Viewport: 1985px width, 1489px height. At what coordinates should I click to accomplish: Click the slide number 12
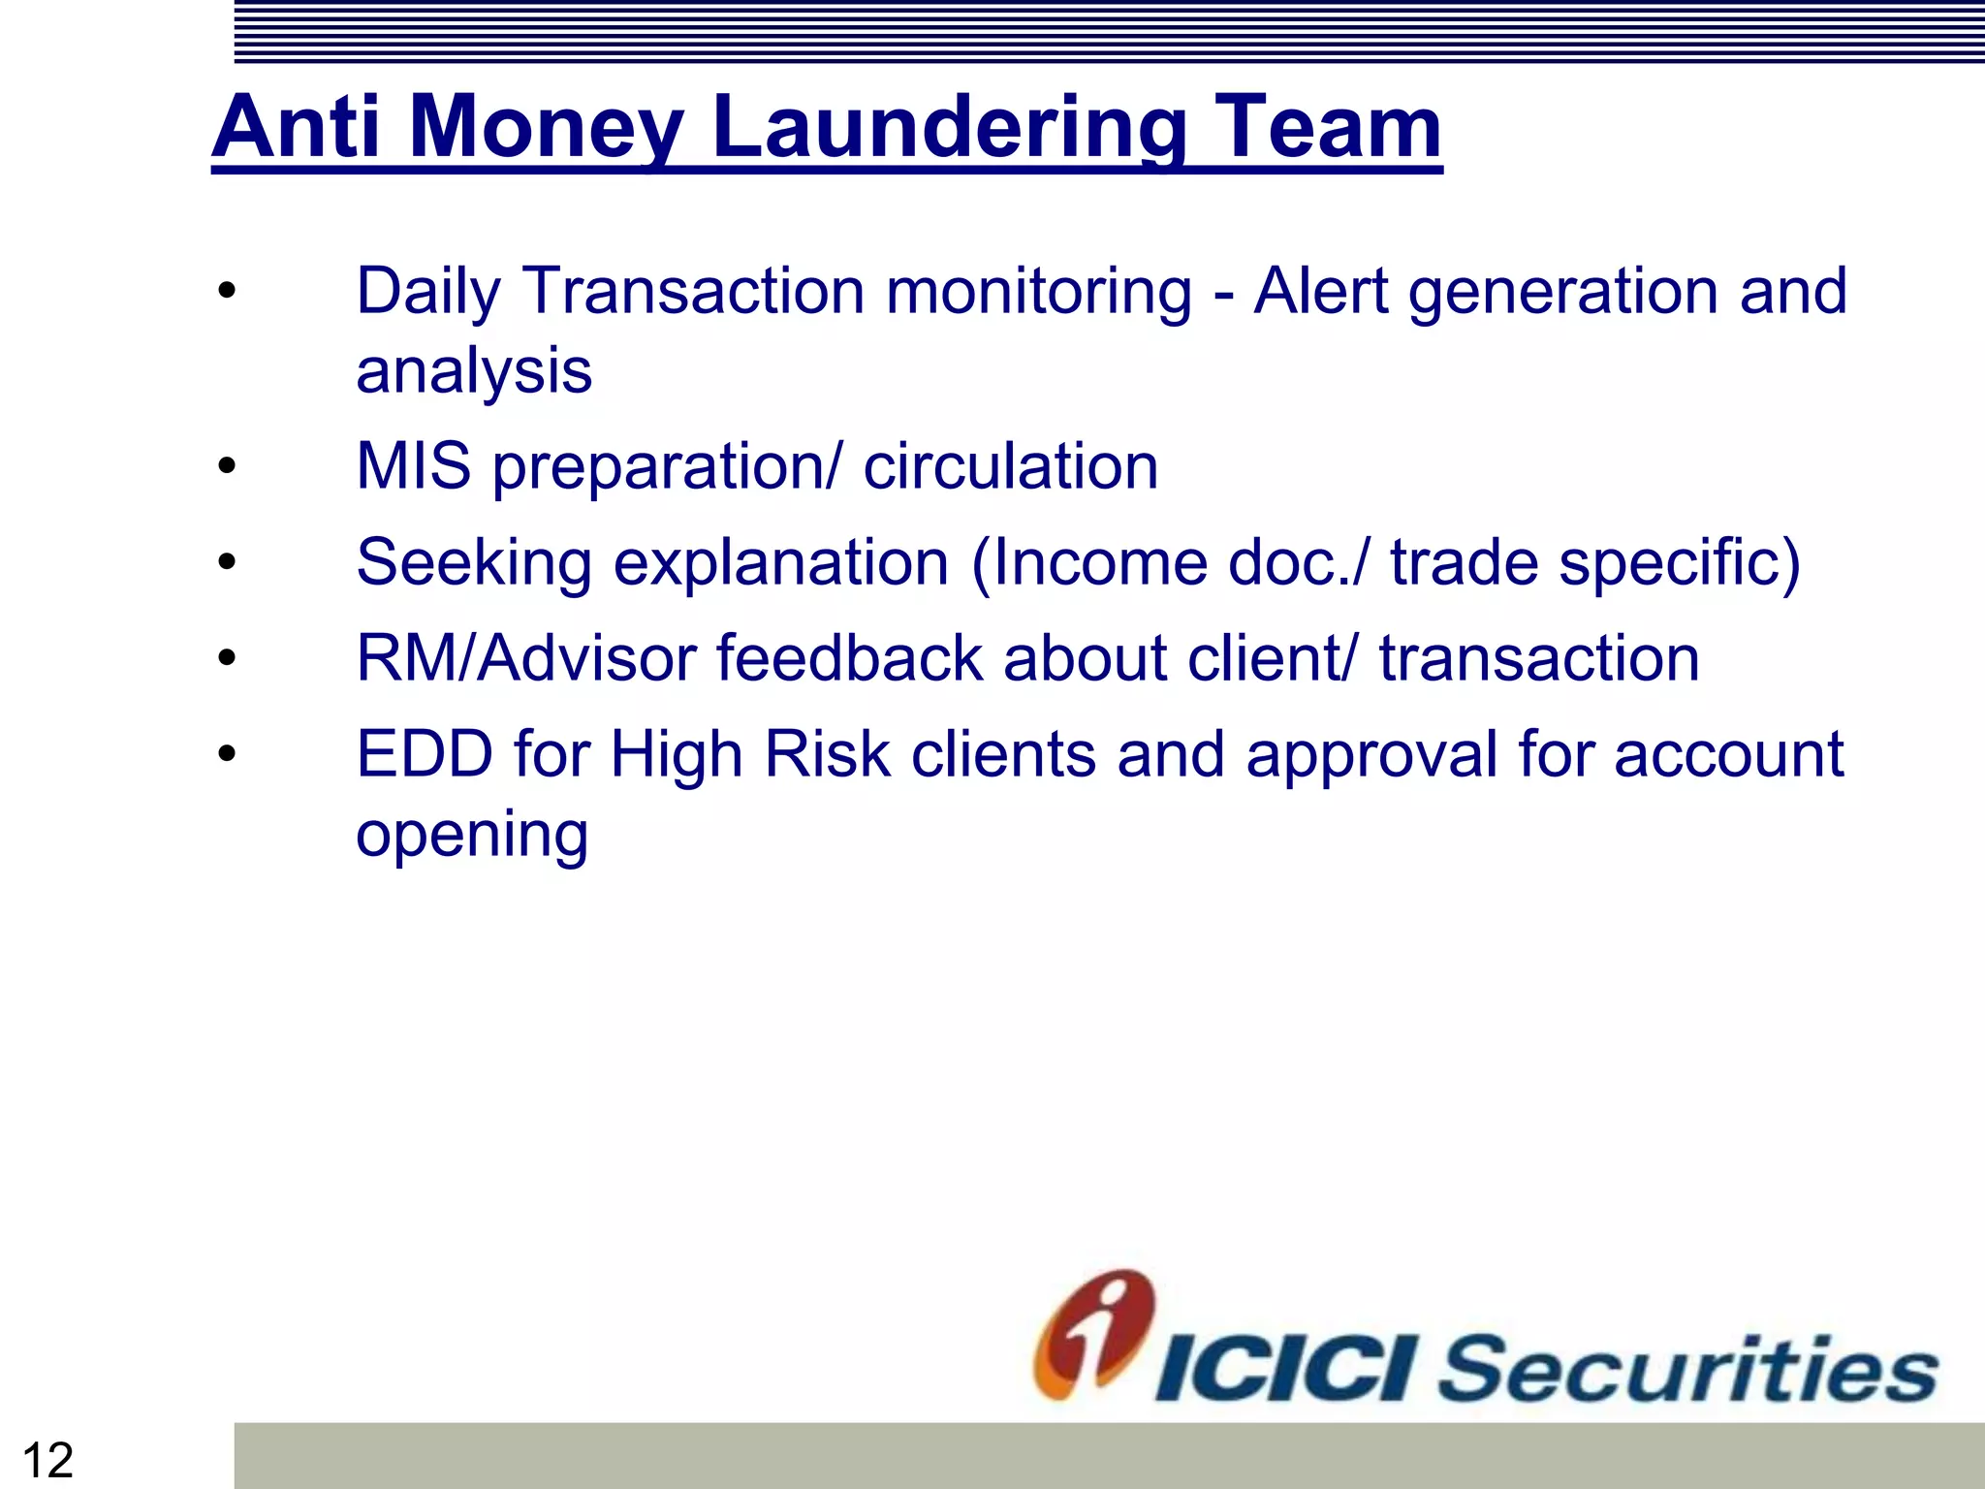click(47, 1460)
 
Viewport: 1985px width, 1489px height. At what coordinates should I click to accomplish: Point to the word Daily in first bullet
click(428, 292)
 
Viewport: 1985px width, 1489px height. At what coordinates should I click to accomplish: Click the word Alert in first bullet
click(1320, 291)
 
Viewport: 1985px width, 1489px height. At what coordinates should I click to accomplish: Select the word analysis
click(474, 371)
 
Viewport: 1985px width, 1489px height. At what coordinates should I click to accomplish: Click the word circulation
click(1010, 466)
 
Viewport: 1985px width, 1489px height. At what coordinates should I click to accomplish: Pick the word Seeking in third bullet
click(474, 563)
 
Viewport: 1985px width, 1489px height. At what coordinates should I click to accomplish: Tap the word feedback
click(849, 659)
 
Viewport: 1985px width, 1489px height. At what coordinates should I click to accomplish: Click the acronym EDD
click(425, 754)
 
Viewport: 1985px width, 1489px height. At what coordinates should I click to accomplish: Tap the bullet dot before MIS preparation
click(227, 466)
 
